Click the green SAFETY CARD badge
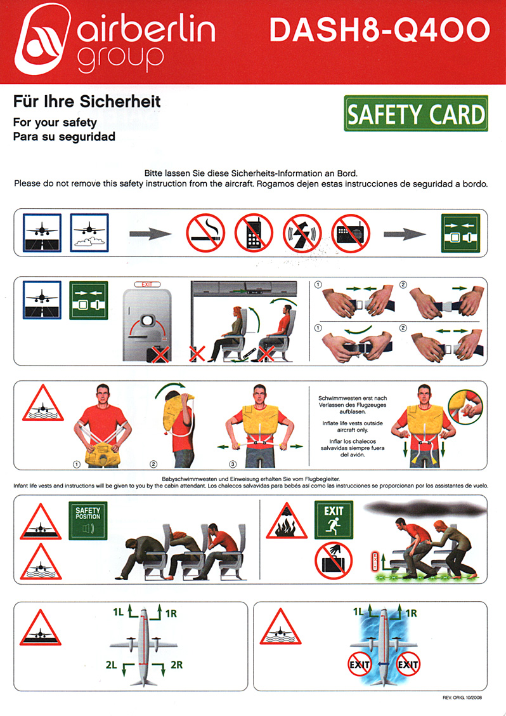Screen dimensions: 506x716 [x=416, y=114]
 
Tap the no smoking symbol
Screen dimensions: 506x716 [x=205, y=234]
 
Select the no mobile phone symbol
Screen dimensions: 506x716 [x=254, y=234]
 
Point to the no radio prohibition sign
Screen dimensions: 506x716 [x=351, y=234]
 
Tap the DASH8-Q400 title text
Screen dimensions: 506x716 [x=380, y=31]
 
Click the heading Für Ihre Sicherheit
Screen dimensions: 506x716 [x=87, y=101]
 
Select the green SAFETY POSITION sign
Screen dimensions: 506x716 [x=88, y=520]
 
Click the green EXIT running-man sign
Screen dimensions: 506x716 [x=334, y=520]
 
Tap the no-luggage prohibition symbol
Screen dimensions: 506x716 [x=334, y=560]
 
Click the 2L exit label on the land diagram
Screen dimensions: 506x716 [x=112, y=665]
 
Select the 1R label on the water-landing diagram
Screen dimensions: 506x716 [x=411, y=613]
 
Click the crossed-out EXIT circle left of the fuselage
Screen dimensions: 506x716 [x=360, y=665]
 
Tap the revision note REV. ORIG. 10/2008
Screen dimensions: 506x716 [x=462, y=698]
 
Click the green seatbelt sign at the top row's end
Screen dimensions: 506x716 [x=460, y=233]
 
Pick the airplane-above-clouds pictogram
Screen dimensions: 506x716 [x=89, y=232]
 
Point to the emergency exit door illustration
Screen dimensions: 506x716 [x=147, y=322]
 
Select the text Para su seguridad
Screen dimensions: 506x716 [x=64, y=136]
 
